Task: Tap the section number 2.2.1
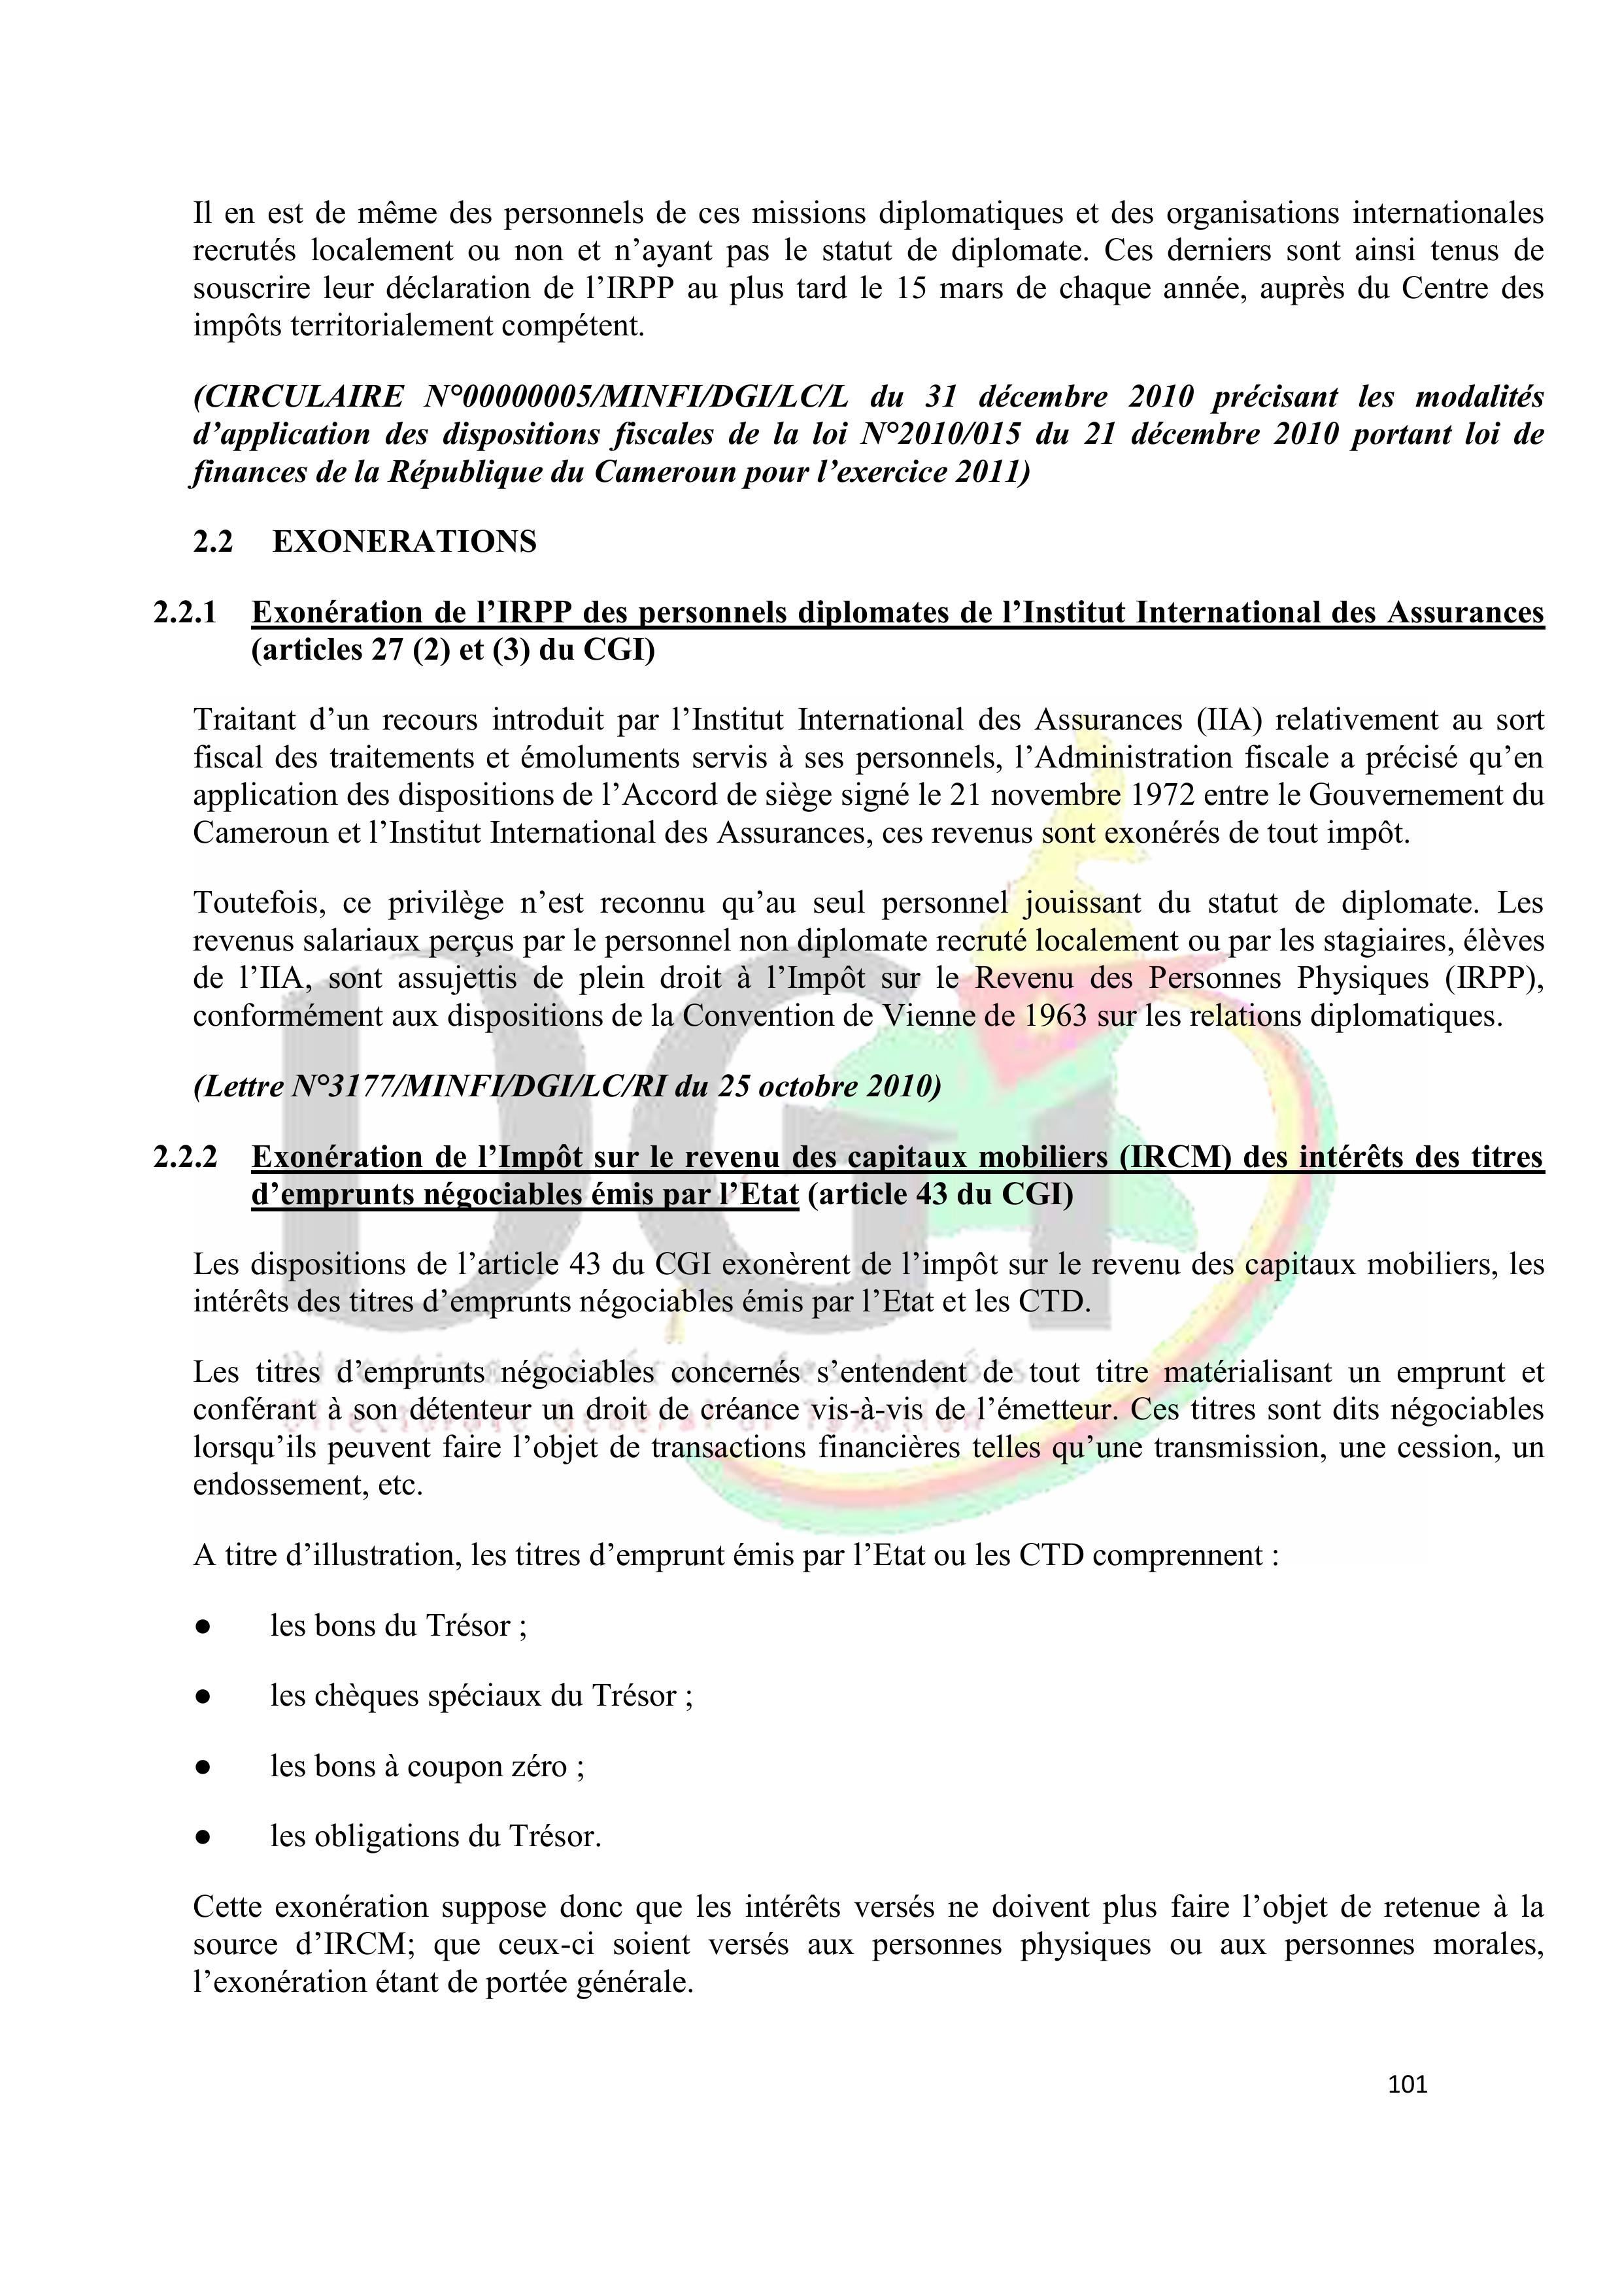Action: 185,613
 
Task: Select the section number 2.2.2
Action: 185,1157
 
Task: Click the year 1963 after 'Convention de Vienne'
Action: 1056,1016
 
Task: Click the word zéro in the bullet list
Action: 539,1766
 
